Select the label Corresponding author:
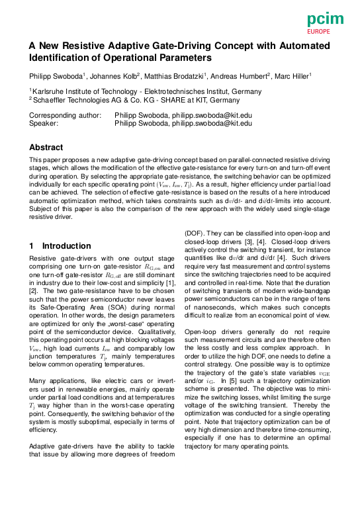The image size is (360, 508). (66, 115)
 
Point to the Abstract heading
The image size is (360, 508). (46, 148)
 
